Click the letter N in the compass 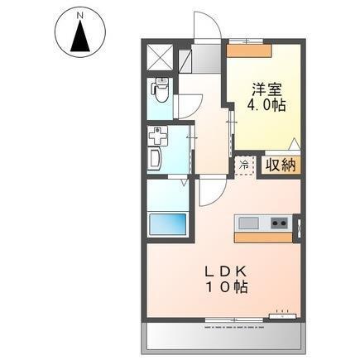point(80,14)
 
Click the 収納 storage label point(280,164)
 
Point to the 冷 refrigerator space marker point(244,164)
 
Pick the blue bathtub point(167,223)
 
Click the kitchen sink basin point(250,222)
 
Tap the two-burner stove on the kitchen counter point(278,222)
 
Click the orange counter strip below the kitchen point(264,238)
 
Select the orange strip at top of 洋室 point(249,49)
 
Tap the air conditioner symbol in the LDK point(282,314)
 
